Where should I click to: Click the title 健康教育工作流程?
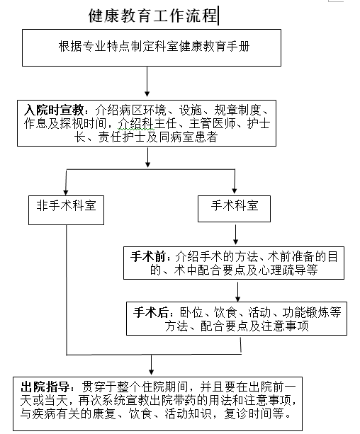point(152,16)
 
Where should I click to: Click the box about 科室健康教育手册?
point(152,47)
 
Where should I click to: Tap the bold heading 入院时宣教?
point(54,110)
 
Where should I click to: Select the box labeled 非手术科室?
point(66,210)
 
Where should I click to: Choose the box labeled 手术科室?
point(234,209)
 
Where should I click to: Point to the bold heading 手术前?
point(148,257)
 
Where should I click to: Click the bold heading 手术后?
point(151,312)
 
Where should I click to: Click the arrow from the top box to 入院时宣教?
point(147,81)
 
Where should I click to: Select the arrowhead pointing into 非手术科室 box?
point(66,192)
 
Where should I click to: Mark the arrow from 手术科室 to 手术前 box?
point(235,234)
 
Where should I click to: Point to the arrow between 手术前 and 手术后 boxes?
point(238,290)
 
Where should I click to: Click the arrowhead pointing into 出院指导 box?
point(152,372)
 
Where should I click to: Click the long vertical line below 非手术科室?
point(67,290)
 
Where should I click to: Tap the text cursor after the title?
point(218,16)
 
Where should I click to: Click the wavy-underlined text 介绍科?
point(136,123)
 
